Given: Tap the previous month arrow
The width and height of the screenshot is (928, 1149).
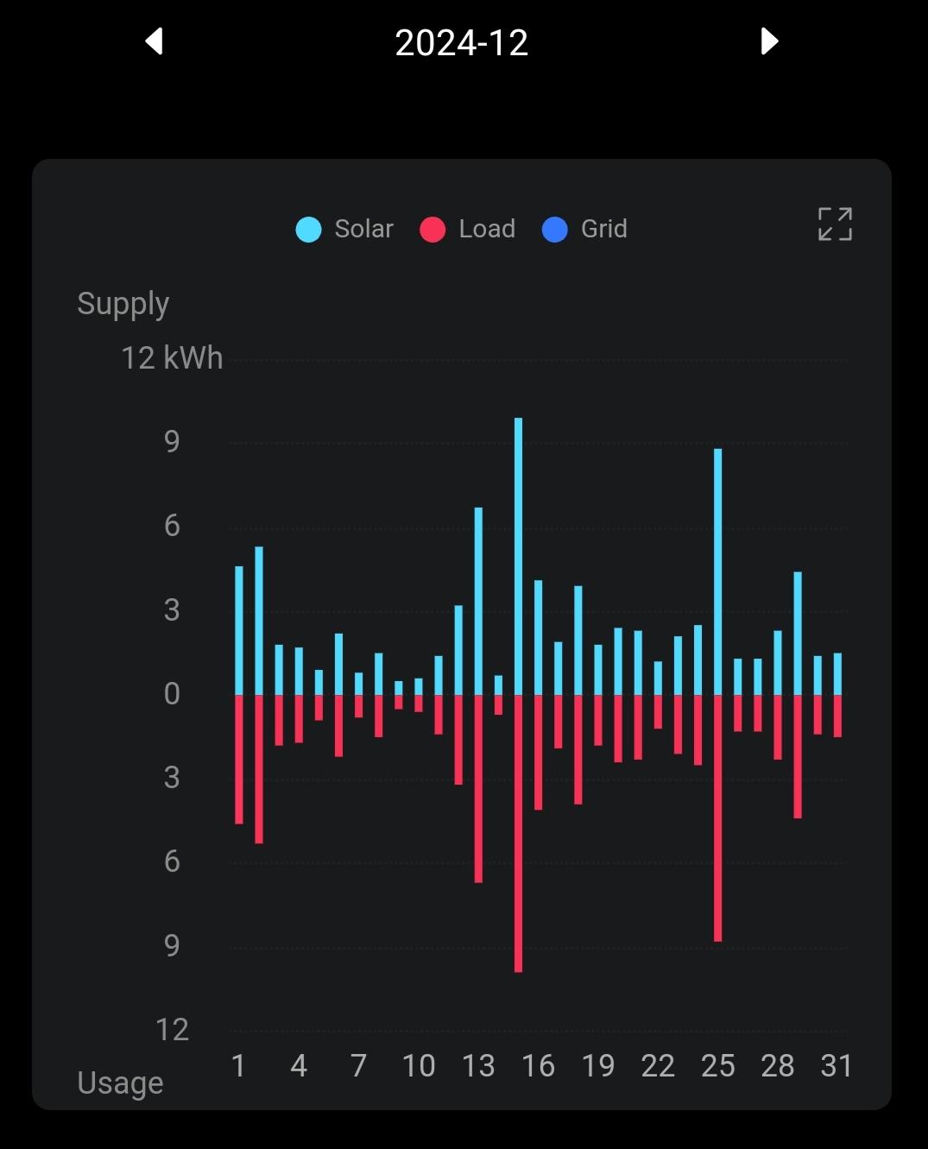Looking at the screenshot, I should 155,41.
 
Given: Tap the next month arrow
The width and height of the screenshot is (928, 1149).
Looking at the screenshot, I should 769,41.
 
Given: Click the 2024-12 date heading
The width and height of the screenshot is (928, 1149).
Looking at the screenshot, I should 461,43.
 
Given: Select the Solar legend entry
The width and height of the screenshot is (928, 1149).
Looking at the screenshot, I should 345,229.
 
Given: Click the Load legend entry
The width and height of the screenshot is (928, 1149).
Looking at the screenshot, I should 468,229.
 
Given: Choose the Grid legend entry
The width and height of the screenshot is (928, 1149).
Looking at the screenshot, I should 584,229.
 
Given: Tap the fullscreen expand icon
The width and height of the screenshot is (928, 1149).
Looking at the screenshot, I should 835,224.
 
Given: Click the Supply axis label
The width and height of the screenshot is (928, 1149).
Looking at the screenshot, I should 123,304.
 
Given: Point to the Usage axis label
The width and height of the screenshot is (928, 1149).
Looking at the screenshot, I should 120,1083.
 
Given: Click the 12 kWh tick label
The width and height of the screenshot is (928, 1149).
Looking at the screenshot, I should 172,358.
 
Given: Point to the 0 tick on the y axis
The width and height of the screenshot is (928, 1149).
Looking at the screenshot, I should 172,694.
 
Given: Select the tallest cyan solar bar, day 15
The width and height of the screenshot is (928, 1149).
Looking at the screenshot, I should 518,556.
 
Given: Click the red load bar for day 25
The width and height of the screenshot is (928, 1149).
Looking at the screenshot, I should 718,818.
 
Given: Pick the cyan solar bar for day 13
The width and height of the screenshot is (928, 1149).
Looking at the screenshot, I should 478,601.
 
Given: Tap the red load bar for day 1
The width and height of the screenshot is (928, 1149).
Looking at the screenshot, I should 239,759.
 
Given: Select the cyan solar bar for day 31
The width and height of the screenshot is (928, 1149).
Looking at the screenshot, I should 837,673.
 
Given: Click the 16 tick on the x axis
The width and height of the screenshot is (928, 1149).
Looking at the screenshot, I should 538,1066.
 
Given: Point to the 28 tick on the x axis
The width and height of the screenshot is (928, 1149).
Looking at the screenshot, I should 777,1066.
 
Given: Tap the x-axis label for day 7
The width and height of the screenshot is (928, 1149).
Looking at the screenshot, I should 358,1066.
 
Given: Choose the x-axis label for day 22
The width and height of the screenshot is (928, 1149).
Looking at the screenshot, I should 658,1066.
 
